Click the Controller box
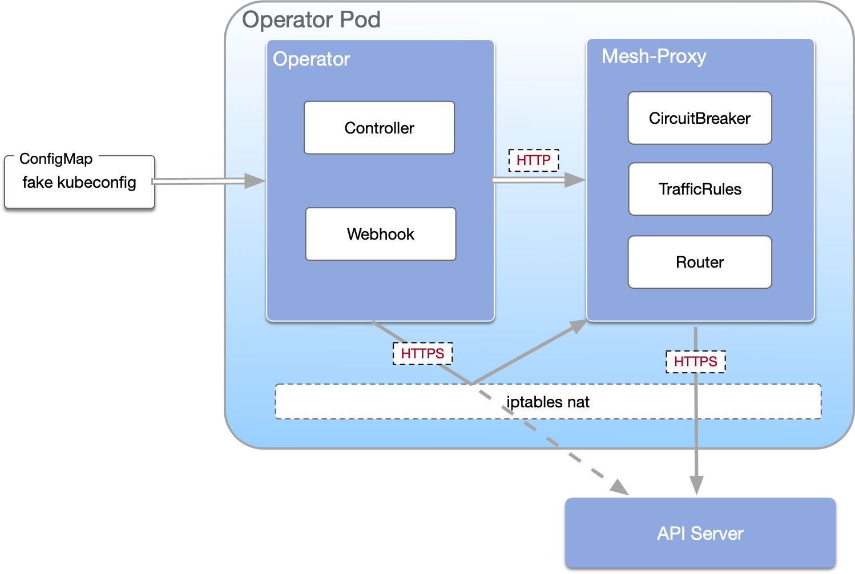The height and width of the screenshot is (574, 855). [379, 128]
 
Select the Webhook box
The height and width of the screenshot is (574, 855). [381, 234]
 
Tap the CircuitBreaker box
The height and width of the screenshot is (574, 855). [700, 118]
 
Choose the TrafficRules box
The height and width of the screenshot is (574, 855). [700, 189]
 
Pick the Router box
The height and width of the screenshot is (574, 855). [700, 262]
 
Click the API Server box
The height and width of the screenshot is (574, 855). [700, 533]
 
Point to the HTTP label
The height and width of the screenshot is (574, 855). [534, 160]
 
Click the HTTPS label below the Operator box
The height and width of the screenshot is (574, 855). [422, 354]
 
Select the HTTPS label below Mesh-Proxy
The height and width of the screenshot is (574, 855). [696, 362]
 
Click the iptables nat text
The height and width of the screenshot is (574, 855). [548, 402]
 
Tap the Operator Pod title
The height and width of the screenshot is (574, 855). [311, 20]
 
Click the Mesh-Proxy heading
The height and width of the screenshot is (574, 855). [654, 56]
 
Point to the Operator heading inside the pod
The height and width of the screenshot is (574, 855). [311, 59]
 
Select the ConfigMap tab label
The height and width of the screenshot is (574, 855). [56, 159]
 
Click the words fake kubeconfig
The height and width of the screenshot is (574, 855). [79, 183]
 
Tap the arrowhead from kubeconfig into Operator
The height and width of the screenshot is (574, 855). [255, 181]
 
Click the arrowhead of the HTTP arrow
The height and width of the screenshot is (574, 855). [575, 180]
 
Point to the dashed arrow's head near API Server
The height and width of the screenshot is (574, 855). [620, 488]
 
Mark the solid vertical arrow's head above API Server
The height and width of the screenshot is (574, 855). [696, 486]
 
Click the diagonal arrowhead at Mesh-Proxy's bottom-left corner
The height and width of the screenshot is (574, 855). [578, 326]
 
